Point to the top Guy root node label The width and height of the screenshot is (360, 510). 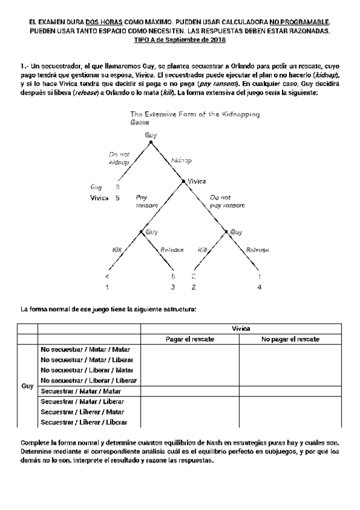150,135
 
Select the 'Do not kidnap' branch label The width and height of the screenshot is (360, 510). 119,159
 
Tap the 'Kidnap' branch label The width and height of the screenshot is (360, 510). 182,161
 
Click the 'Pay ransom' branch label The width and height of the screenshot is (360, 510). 146,201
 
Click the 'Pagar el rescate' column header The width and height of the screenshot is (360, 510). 190,339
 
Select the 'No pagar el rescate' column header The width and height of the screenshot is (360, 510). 290,339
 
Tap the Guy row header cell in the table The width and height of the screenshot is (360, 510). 27,387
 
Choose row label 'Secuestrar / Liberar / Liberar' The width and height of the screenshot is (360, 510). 88,423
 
